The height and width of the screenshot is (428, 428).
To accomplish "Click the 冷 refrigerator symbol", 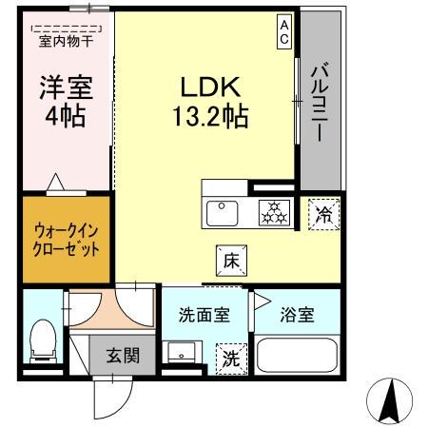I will pyautogui.click(x=323, y=213).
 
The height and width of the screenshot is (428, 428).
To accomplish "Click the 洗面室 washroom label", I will pyautogui.click(x=204, y=316).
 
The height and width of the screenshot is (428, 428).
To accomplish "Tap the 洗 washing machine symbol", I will pyautogui.click(x=231, y=359).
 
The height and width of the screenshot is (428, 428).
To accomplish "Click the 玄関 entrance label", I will pyautogui.click(x=123, y=357).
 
